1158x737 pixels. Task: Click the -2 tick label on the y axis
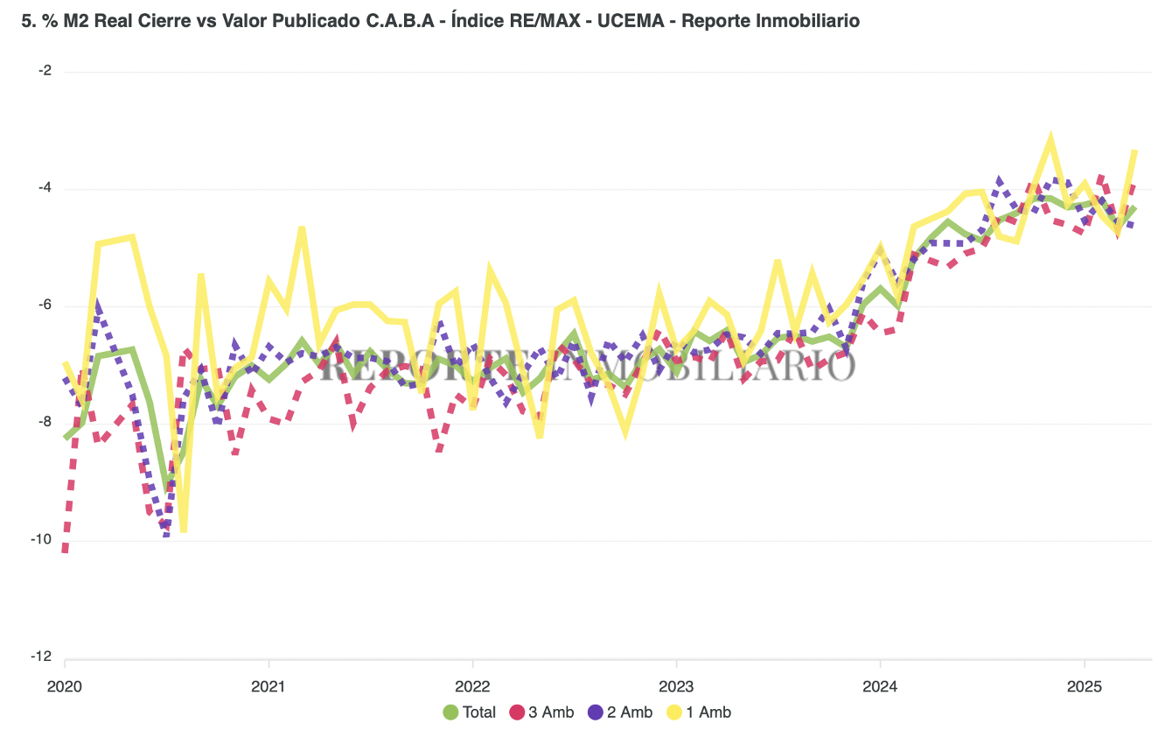(43, 71)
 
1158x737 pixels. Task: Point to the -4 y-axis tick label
(43, 188)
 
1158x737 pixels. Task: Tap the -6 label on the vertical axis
(43, 305)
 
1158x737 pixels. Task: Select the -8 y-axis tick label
(43, 423)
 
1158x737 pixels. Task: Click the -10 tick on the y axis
(40, 540)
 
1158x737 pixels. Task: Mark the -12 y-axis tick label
(40, 657)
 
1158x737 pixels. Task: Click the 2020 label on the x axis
(65, 686)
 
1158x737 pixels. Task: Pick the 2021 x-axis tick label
(269, 686)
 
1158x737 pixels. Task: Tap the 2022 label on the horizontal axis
(472, 686)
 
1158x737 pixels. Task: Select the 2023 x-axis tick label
(676, 686)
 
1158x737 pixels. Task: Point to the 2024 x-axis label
(881, 686)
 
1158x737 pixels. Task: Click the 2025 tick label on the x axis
(1085, 686)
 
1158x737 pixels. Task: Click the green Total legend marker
(451, 712)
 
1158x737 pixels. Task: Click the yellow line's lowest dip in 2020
(184, 530)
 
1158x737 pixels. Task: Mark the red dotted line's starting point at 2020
(65, 550)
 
